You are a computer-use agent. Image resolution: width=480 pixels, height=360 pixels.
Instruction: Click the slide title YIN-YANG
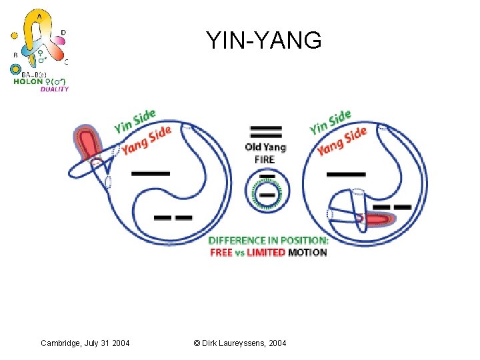point(264,41)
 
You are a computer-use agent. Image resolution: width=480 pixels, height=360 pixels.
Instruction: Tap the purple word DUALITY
point(55,89)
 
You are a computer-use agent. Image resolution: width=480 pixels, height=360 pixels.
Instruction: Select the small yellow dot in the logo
point(15,35)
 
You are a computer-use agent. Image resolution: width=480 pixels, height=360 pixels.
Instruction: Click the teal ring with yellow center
point(16,69)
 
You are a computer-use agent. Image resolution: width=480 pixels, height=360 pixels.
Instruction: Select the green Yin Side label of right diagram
point(330,121)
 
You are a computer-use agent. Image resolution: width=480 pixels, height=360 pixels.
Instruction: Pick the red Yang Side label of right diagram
point(341,140)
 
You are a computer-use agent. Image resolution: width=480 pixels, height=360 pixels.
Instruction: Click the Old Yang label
point(265,147)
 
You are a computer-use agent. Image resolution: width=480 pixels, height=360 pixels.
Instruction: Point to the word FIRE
point(265,159)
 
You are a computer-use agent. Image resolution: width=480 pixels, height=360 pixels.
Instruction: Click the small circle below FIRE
point(265,191)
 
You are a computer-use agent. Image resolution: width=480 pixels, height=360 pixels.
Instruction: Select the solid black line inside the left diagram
point(151,173)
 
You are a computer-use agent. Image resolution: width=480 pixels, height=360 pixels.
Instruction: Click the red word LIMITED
point(266,253)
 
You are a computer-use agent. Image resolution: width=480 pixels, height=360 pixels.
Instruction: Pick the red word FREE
point(221,253)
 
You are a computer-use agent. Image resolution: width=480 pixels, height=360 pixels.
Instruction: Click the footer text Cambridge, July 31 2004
point(85,343)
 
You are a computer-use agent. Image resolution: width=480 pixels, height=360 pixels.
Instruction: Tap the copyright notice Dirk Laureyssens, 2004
point(240,343)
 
